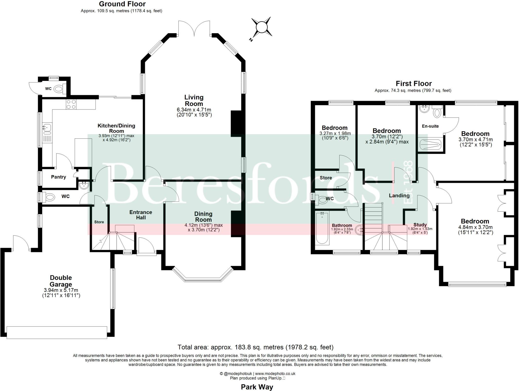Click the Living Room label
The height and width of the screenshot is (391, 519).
pyautogui.click(x=194, y=100)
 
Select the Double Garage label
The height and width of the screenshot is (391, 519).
pyautogui.click(x=61, y=281)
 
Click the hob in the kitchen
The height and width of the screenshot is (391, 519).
pyautogui.click(x=71, y=104)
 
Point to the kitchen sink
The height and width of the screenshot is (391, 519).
pyautogui.click(x=47, y=129)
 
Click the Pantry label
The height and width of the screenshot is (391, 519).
pyautogui.click(x=59, y=177)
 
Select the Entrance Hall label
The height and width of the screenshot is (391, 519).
pyautogui.click(x=141, y=215)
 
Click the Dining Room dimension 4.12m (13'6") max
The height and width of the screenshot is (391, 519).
pyautogui.click(x=203, y=225)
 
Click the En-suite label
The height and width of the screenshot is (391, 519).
pyautogui.click(x=430, y=126)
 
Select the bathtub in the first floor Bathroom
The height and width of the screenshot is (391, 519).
pyautogui.click(x=322, y=228)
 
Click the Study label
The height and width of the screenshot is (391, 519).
pyautogui.click(x=420, y=225)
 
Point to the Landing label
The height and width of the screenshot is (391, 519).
pyautogui.click(x=399, y=195)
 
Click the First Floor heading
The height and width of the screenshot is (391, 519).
pyautogui.click(x=414, y=83)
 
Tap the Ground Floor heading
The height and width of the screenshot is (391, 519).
pyautogui.click(x=122, y=4)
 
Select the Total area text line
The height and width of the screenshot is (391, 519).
pyautogui.click(x=255, y=347)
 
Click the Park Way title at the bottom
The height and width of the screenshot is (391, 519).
pyautogui.click(x=257, y=387)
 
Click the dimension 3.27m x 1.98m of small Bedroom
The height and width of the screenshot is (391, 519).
pyautogui.click(x=335, y=134)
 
